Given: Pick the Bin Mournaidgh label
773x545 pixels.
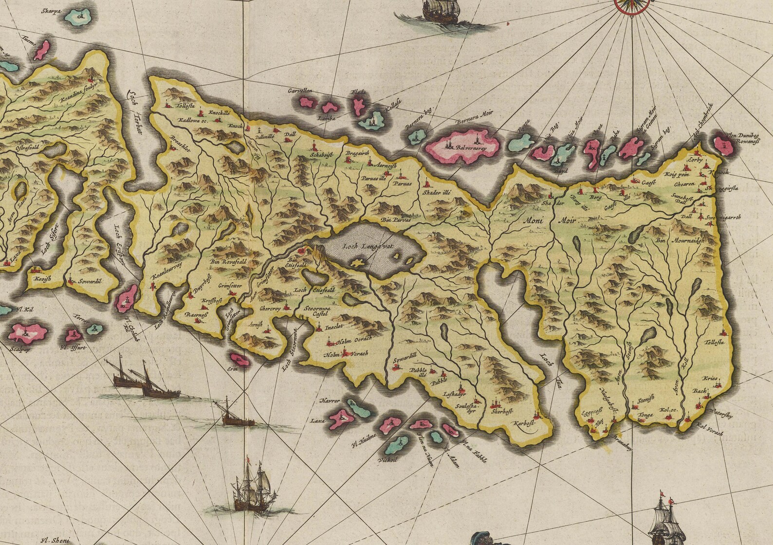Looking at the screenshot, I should point(680,240).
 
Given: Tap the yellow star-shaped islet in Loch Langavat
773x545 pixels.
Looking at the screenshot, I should point(359,263).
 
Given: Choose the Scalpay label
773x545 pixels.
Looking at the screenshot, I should point(18,348).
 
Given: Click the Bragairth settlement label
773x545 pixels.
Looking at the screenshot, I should point(358,153).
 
